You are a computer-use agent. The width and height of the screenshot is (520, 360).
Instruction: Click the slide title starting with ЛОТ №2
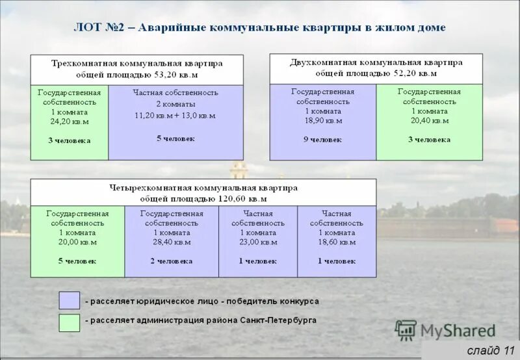pos(259,28)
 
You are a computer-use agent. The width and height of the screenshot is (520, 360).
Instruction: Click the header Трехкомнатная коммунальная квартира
pos(136,63)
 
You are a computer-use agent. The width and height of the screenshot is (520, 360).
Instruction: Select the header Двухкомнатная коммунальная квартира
pos(376,62)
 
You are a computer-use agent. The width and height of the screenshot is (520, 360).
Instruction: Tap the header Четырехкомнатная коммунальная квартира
pos(203,187)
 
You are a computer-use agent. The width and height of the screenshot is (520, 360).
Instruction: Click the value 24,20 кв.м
pos(70,122)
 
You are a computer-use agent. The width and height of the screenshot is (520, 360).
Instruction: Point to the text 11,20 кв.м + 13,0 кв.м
pos(175,116)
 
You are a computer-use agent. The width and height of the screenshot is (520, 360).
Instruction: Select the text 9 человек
pos(322,140)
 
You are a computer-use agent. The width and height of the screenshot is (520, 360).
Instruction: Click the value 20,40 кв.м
pos(429,121)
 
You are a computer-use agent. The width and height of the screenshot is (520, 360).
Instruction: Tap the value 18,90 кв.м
pos(322,121)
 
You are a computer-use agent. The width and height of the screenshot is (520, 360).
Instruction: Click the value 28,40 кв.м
pos(172,242)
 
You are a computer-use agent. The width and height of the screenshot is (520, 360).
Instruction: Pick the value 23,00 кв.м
pos(258,242)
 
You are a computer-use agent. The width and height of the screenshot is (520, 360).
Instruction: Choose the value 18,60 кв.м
pos(337,242)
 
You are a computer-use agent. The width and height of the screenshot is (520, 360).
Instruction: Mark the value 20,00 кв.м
pos(77,242)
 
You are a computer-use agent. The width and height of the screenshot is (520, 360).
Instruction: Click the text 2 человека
pos(172,261)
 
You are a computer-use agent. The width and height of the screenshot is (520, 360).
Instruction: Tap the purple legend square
pos(69,301)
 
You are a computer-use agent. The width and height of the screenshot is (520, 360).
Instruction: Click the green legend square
pos(69,322)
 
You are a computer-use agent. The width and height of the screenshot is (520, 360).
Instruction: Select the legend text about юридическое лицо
pos(201,302)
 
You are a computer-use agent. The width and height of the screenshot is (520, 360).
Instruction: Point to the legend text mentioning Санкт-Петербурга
pos(200,321)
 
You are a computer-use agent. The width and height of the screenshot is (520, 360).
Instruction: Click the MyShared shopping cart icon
pos(406,330)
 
